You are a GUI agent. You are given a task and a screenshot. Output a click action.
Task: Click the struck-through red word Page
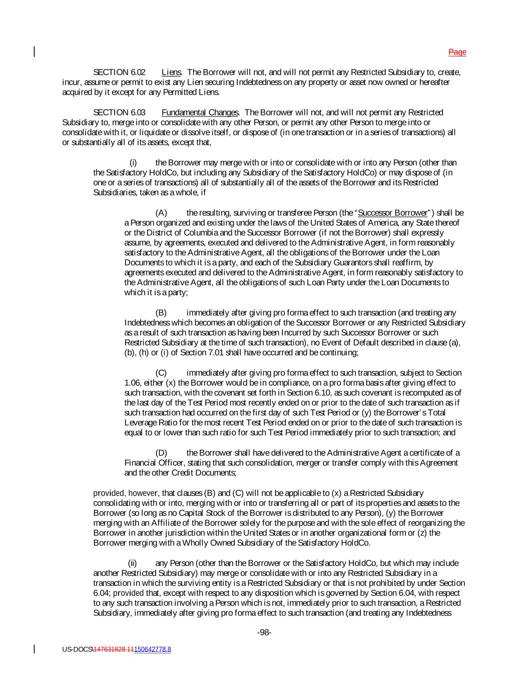click(x=457, y=52)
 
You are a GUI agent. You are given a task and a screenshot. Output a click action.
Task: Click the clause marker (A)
click(x=161, y=213)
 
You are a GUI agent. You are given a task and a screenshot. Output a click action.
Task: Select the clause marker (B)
click(x=161, y=313)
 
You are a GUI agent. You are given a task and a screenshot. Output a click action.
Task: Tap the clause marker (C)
click(x=161, y=373)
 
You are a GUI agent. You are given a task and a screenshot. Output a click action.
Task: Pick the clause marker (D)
click(x=161, y=453)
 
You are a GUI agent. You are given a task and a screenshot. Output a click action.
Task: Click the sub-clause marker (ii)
click(x=133, y=563)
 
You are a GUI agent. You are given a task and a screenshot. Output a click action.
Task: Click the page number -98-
click(x=264, y=632)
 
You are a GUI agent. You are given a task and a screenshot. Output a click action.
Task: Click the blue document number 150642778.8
click(x=153, y=649)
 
